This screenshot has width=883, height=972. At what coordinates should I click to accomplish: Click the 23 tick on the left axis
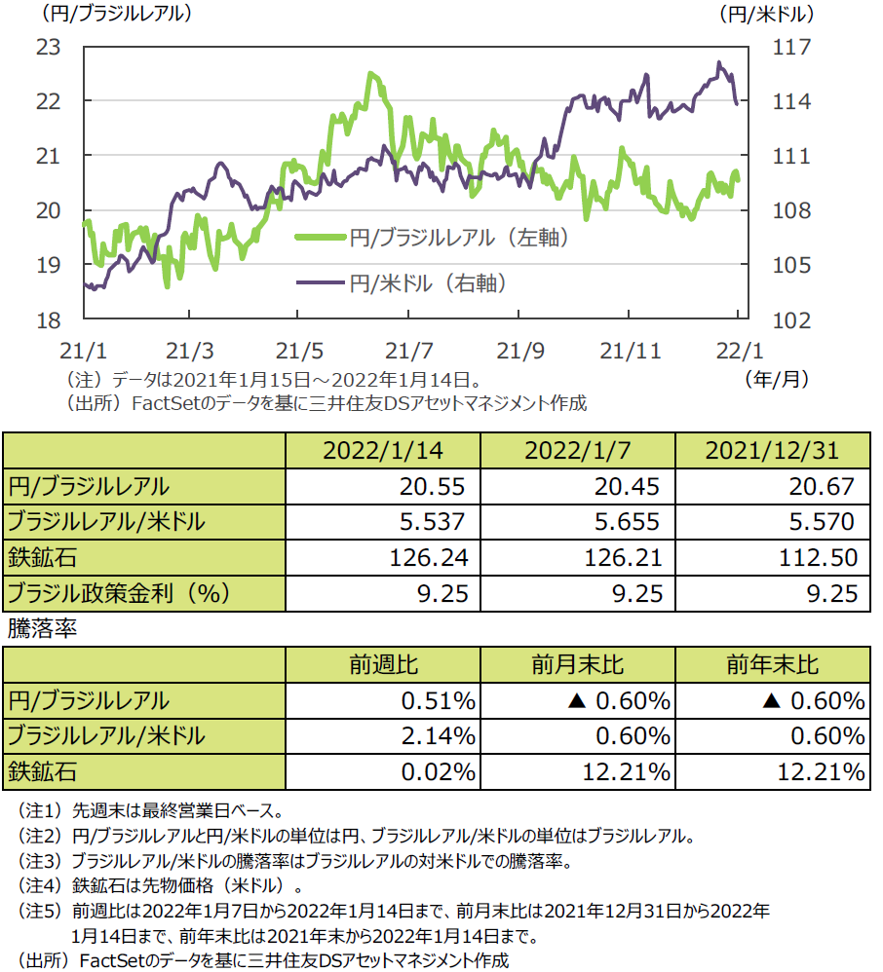coord(49,46)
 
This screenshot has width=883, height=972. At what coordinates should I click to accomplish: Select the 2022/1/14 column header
coord(381,451)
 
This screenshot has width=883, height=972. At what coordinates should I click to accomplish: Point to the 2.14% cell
coord(439,736)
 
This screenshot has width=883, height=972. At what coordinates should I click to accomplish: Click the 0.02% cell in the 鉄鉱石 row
coord(439,772)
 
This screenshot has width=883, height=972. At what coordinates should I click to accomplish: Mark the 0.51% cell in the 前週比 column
coord(439,700)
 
